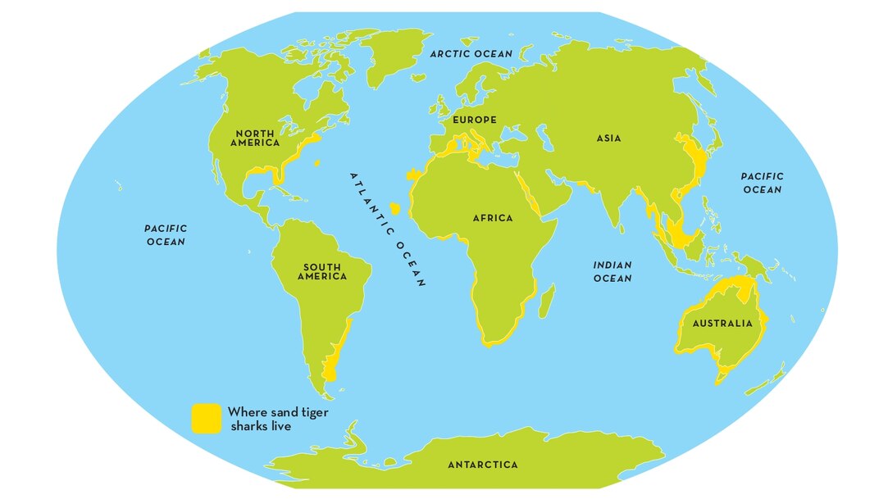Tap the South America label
coord(322,272)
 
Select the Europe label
coord(475,120)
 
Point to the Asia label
coord(608,138)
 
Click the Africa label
coord(493,218)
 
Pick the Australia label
coord(722,323)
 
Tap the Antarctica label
coord(483,465)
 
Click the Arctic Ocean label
coord(471,54)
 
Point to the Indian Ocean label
coord(612,271)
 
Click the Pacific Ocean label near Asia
coord(763,183)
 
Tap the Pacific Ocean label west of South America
coord(166,235)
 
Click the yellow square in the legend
coord(206,418)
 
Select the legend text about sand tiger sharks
coord(277,419)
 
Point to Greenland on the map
coord(389,54)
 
